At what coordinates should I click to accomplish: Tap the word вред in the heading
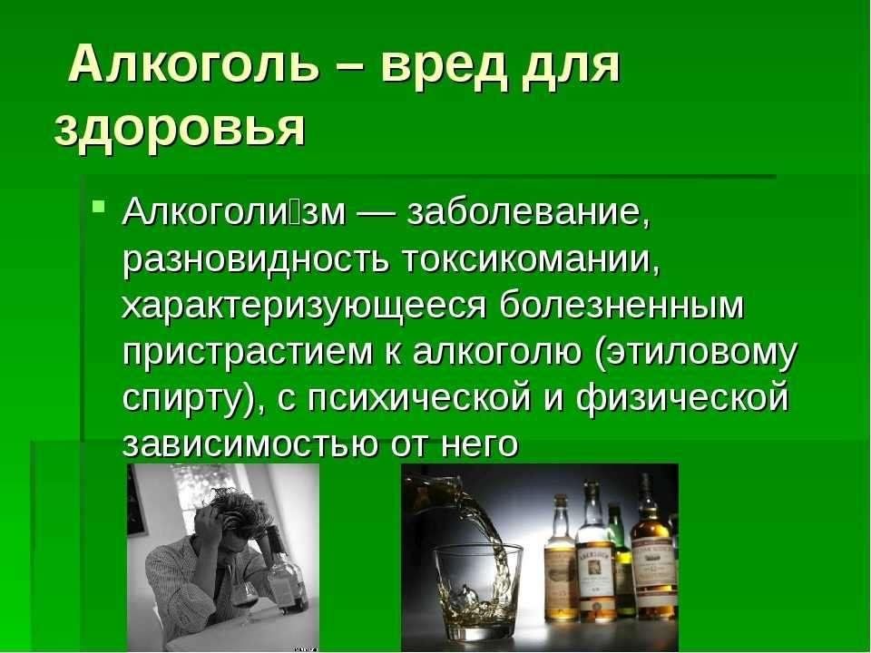point(445,64)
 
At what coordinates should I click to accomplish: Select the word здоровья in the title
point(180,130)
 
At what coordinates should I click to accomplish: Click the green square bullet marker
point(99,207)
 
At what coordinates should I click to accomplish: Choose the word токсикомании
point(529,259)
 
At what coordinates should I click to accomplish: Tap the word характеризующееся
point(303,307)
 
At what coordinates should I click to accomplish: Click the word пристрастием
point(247,353)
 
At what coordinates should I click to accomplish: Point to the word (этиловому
point(697,353)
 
